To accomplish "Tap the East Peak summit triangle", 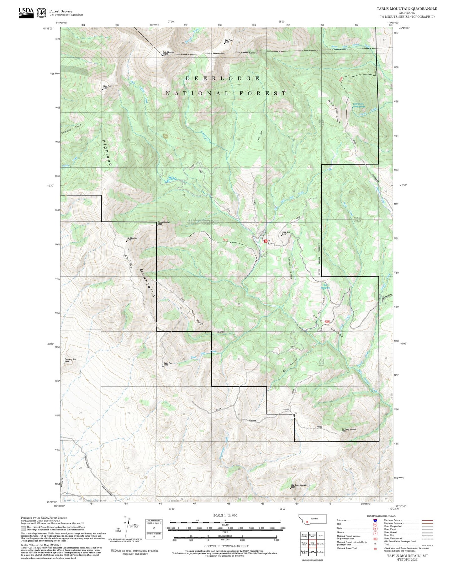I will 224,43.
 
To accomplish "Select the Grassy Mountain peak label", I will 164,223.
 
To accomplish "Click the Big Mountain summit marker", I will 127,241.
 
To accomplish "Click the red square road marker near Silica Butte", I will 266,241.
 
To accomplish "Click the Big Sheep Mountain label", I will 349,429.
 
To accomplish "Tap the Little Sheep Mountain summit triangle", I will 290,488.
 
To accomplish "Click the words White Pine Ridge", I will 334,111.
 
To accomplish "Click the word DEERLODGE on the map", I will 223,78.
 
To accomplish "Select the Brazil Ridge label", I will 197,317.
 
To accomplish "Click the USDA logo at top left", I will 26,13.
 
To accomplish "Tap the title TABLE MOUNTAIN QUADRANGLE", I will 407,8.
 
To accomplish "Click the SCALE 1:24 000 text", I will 225,515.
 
